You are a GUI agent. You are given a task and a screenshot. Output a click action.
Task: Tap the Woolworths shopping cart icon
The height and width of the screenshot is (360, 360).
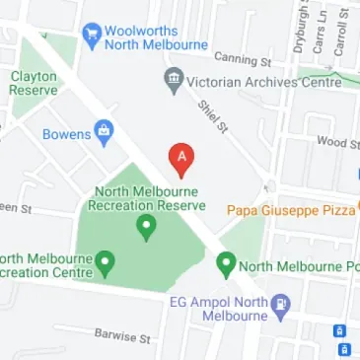point(93,34)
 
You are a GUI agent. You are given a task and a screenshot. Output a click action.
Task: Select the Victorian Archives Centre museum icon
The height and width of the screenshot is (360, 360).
point(175,78)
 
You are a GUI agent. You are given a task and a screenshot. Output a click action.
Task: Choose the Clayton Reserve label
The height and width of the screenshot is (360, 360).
point(33,82)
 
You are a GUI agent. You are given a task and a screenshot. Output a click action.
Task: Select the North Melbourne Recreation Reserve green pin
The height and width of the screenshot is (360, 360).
point(146,229)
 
